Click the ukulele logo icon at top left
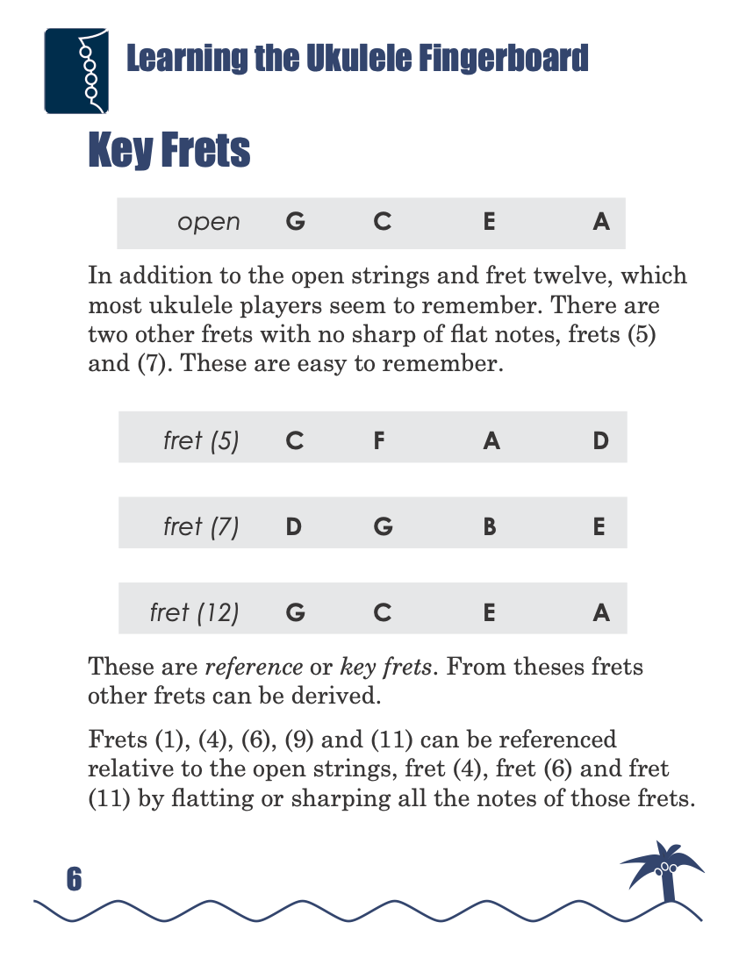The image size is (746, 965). [x=75, y=71]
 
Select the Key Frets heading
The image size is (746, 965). [x=169, y=151]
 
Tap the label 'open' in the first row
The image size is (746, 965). [x=209, y=222]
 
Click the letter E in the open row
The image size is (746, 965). [x=489, y=222]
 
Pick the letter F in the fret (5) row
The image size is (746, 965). [x=378, y=440]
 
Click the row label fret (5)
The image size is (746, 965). [x=201, y=440]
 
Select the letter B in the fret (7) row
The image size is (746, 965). [x=490, y=527]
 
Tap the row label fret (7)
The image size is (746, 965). [x=201, y=527]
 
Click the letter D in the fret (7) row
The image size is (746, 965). [x=294, y=527]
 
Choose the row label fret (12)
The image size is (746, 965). [x=195, y=612]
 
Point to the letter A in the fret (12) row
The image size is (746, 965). [x=600, y=612]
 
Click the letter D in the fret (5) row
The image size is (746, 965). [x=600, y=440]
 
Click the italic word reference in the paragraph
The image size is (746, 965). [x=254, y=667]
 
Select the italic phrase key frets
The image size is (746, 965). [x=386, y=667]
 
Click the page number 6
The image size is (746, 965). [x=74, y=879]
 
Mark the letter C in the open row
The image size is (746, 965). [x=382, y=222]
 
